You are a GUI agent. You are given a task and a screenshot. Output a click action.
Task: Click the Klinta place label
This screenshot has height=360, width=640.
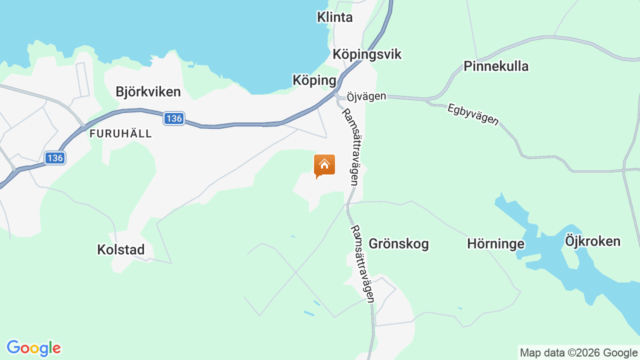334,17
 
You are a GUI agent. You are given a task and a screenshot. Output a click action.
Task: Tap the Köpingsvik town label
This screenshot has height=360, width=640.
367,54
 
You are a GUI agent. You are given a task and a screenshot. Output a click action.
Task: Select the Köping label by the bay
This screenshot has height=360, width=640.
314,80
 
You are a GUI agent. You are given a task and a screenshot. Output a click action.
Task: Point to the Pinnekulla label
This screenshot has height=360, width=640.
495,66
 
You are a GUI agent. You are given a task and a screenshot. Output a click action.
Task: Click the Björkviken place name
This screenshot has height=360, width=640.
147,92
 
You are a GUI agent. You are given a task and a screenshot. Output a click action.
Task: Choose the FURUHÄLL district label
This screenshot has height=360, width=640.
120,134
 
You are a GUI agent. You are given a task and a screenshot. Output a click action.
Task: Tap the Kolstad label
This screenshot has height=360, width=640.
120,249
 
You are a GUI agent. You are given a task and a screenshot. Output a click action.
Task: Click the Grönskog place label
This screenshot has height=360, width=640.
398,244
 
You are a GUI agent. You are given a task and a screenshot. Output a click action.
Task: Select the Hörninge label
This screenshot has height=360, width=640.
495,244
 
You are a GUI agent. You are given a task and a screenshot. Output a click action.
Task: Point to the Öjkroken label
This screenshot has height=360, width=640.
592,241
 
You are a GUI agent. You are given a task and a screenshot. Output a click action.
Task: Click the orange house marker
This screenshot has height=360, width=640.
324,165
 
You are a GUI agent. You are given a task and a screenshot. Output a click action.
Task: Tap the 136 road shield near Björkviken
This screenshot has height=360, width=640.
173,118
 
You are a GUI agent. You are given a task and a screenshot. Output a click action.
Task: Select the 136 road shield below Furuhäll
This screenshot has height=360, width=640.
54,158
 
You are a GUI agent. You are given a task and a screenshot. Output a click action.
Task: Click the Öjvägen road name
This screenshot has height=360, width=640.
366,95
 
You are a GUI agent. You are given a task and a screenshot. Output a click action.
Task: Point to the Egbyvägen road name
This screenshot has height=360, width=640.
472,114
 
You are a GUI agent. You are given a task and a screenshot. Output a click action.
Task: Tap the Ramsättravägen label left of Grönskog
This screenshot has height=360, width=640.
362,264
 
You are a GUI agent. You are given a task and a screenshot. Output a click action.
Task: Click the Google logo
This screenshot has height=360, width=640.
33,348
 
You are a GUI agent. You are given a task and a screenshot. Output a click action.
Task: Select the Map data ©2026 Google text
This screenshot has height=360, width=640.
578,353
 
